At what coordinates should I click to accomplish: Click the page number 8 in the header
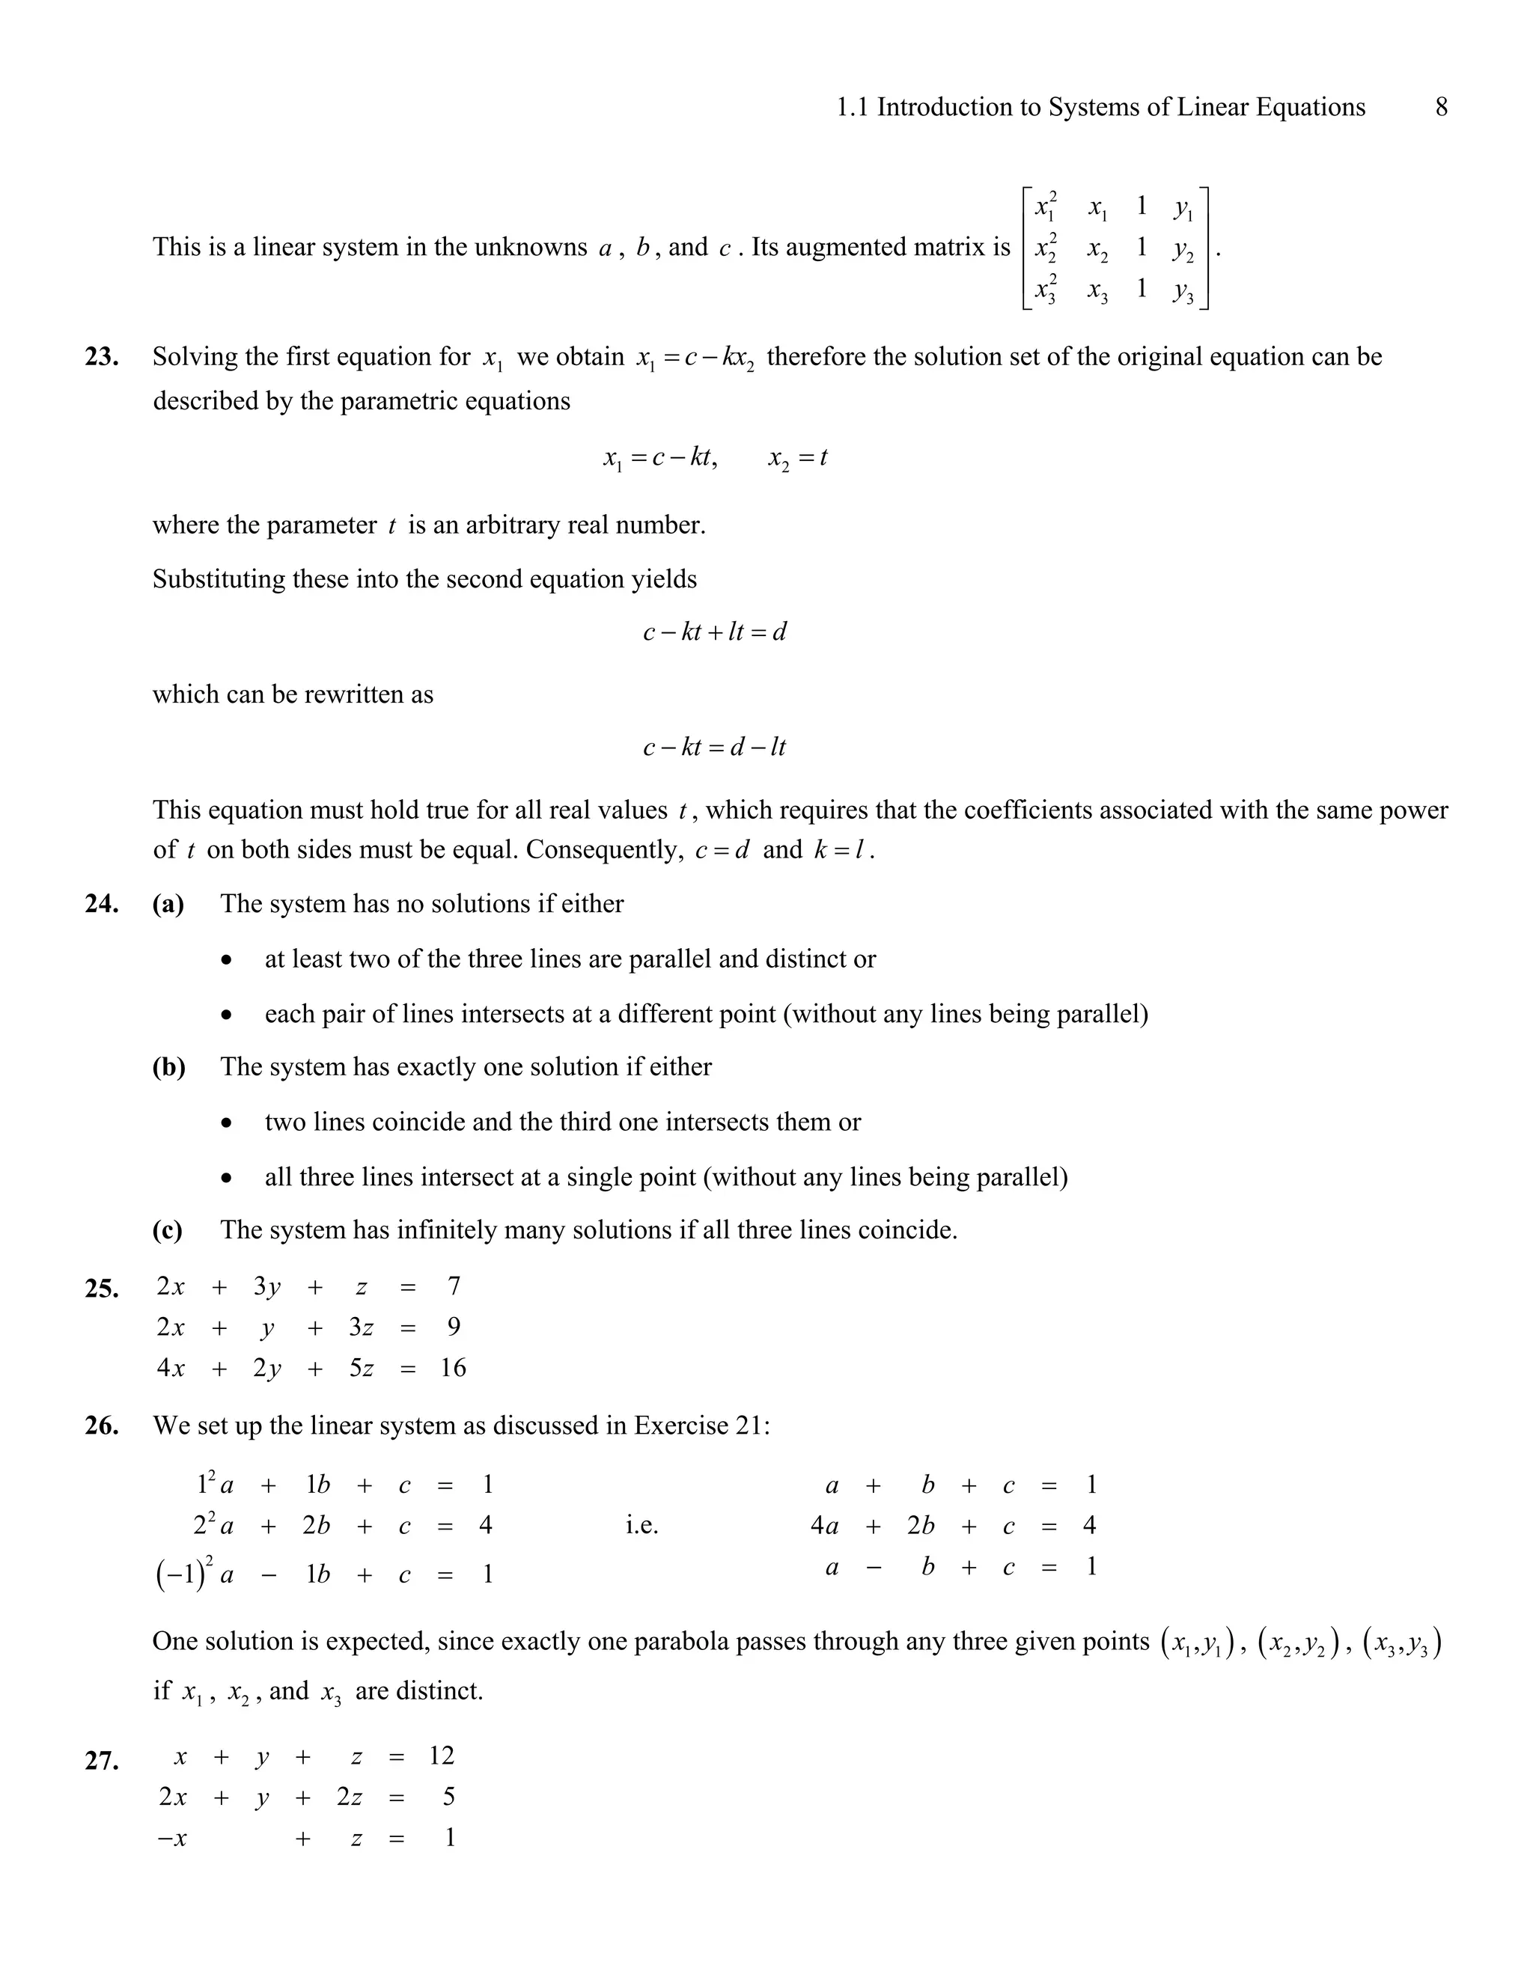coord(1441,107)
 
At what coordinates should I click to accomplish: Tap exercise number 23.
coord(102,357)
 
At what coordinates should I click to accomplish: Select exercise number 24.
coord(102,905)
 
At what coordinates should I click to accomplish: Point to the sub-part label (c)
coord(168,1230)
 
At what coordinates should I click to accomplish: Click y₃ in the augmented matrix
coord(1183,290)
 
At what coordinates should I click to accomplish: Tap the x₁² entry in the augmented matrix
coord(1045,207)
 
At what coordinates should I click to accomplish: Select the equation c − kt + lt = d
coord(714,632)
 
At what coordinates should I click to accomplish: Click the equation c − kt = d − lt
coord(714,748)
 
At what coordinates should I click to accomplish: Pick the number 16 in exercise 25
coord(453,1369)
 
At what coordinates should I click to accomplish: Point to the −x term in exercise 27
coord(173,1838)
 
